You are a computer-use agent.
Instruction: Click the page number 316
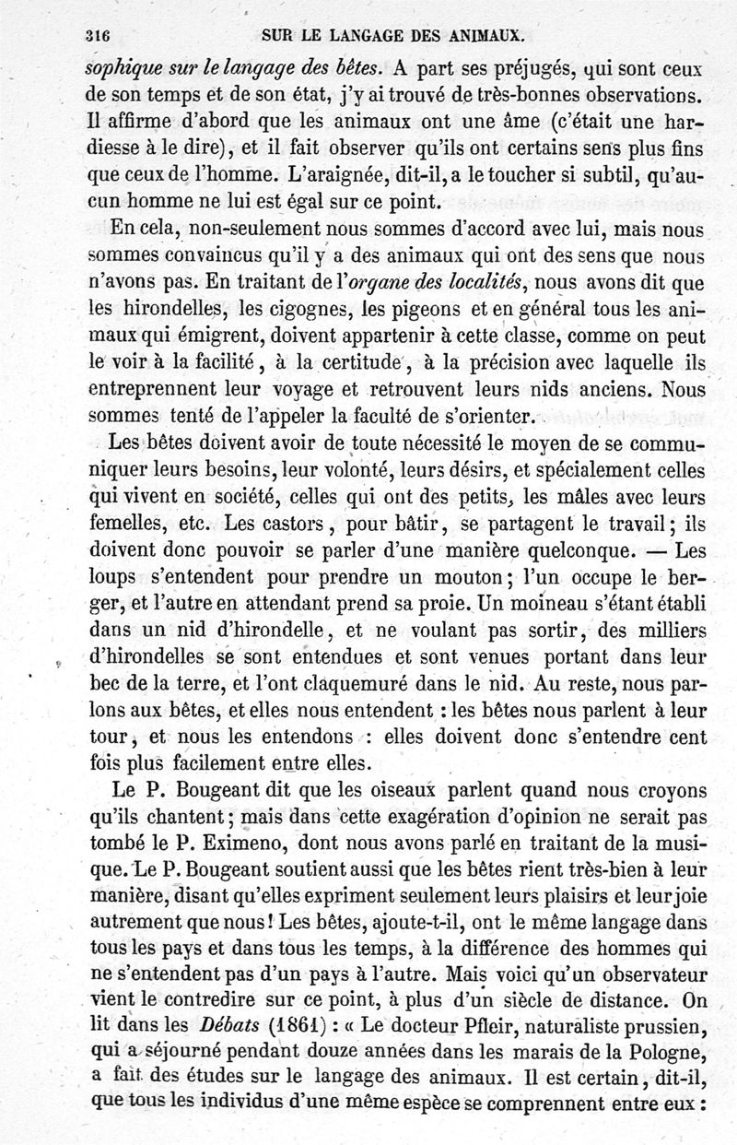click(96, 38)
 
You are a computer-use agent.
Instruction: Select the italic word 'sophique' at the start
click(123, 68)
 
